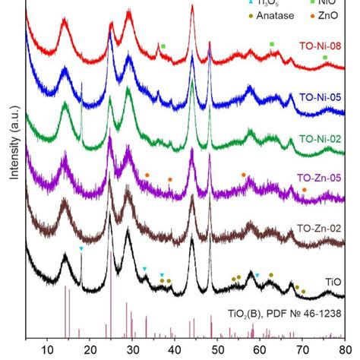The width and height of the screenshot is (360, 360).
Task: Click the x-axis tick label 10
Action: tap(47, 350)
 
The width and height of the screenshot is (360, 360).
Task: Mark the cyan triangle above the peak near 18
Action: tap(81, 249)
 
